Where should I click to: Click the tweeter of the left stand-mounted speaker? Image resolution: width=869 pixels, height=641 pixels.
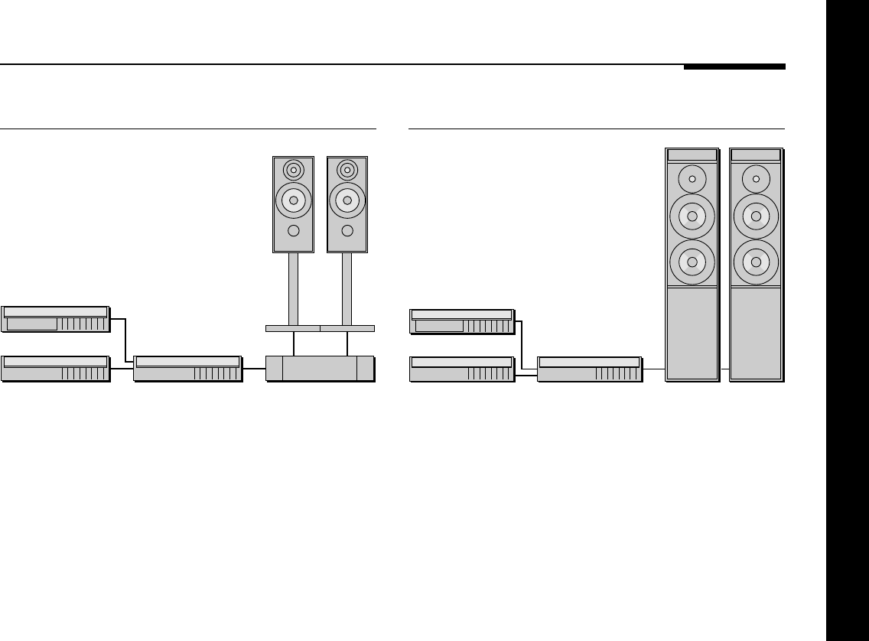pyautogui.click(x=293, y=169)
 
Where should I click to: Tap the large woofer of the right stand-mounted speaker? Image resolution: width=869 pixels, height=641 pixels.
pyautogui.click(x=347, y=200)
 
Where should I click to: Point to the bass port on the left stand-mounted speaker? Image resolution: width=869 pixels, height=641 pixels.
pyautogui.click(x=293, y=230)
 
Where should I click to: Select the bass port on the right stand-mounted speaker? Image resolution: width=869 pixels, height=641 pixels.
pyautogui.click(x=347, y=230)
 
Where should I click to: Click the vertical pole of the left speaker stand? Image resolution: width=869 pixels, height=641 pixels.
pyautogui.click(x=293, y=288)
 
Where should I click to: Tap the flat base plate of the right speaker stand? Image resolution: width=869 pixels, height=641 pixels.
pyautogui.click(x=347, y=328)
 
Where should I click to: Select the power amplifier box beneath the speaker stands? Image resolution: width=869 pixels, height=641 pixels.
pyautogui.click(x=320, y=368)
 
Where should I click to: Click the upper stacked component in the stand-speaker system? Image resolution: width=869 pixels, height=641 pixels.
pyautogui.click(x=55, y=318)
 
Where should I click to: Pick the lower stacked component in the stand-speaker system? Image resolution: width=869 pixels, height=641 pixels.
pyautogui.click(x=55, y=368)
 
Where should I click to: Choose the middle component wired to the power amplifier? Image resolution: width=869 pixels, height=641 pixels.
pyautogui.click(x=187, y=368)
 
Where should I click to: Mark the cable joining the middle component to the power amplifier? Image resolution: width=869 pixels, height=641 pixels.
pyautogui.click(x=254, y=368)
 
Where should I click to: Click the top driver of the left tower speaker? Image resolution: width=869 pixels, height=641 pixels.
pyautogui.click(x=692, y=179)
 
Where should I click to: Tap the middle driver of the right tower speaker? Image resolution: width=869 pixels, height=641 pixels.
pyautogui.click(x=756, y=216)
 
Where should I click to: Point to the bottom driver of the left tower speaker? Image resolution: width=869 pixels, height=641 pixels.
pyautogui.click(x=692, y=262)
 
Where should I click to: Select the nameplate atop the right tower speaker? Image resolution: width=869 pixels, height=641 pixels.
pyautogui.click(x=756, y=155)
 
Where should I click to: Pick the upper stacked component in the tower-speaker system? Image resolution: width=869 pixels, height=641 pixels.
pyautogui.click(x=462, y=321)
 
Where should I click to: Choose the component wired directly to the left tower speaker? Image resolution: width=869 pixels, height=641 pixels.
pyautogui.click(x=589, y=369)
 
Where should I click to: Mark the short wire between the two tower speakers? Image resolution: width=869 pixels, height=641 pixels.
pyautogui.click(x=724, y=369)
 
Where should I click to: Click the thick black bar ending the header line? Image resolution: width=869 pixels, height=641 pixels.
pyautogui.click(x=734, y=67)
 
